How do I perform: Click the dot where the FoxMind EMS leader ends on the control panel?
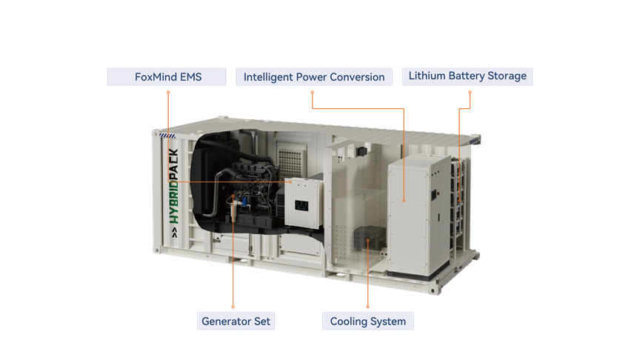coord(290,181)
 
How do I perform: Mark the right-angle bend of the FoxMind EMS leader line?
coord(168,181)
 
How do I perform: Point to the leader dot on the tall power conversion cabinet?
coord(404,201)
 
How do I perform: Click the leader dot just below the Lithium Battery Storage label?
coord(470,93)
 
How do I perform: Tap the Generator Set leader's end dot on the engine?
coord(233,196)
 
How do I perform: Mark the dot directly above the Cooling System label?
coord(367,307)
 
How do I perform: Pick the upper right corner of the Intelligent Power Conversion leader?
coord(404,109)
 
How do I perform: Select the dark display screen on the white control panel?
coord(301,205)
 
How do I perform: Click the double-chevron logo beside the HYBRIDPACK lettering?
coord(175,233)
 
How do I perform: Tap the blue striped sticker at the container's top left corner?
coord(167,136)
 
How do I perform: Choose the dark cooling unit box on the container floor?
coord(370,238)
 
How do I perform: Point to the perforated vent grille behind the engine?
coord(291,162)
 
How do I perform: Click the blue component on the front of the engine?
coord(244,201)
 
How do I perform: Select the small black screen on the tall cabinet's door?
coord(434,195)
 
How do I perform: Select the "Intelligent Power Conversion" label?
coord(314,77)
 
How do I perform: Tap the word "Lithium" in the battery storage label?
coord(427,76)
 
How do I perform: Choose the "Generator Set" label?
coord(236,321)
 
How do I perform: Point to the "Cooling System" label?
coord(367,321)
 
